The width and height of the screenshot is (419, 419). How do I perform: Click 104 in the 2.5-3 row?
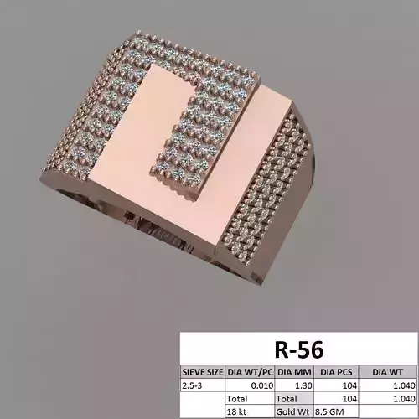[x=349, y=385]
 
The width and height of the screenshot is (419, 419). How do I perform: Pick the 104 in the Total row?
[x=349, y=399]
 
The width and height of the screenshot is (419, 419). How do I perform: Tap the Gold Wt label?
[x=293, y=412]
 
